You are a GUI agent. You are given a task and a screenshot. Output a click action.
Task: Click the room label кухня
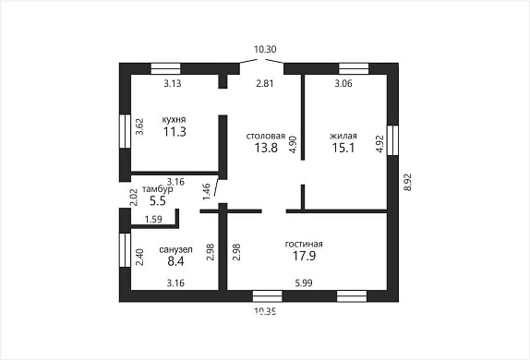(175, 120)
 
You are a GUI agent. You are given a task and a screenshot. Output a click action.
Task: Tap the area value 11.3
(175, 132)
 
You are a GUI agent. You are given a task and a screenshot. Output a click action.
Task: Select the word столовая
(266, 136)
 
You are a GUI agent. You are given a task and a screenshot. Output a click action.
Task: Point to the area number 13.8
(266, 148)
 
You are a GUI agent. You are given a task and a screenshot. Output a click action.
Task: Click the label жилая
(343, 136)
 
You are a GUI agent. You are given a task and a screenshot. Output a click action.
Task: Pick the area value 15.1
(343, 148)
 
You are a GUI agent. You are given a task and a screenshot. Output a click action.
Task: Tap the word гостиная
(304, 244)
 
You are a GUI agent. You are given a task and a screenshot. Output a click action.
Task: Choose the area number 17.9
(304, 256)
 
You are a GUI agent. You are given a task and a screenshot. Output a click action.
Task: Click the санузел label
(175, 250)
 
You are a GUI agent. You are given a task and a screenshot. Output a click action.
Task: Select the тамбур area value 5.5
(158, 201)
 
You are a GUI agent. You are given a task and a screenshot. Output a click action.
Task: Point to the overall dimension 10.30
(265, 49)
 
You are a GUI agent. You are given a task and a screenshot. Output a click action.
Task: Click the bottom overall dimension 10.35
(265, 311)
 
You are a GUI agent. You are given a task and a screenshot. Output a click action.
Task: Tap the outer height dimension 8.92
(408, 182)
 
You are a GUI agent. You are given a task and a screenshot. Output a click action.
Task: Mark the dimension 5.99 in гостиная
(304, 283)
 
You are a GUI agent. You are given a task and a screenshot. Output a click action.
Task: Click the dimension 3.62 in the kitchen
(139, 126)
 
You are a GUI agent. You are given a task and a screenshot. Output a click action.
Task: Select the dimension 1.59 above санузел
(153, 220)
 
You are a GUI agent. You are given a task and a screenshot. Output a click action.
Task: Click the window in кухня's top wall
(165, 68)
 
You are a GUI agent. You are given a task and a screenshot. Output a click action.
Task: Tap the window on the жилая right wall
(392, 140)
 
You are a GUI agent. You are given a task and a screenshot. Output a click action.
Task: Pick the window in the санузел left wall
(125, 250)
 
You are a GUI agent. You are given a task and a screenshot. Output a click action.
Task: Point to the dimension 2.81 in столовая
(265, 83)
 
